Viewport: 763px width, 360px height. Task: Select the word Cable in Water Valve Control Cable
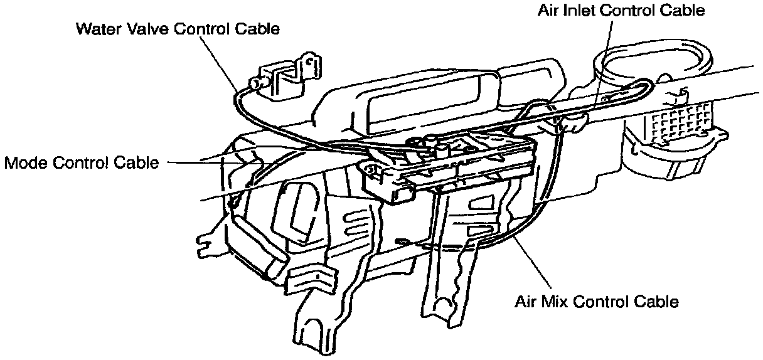[255, 29]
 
